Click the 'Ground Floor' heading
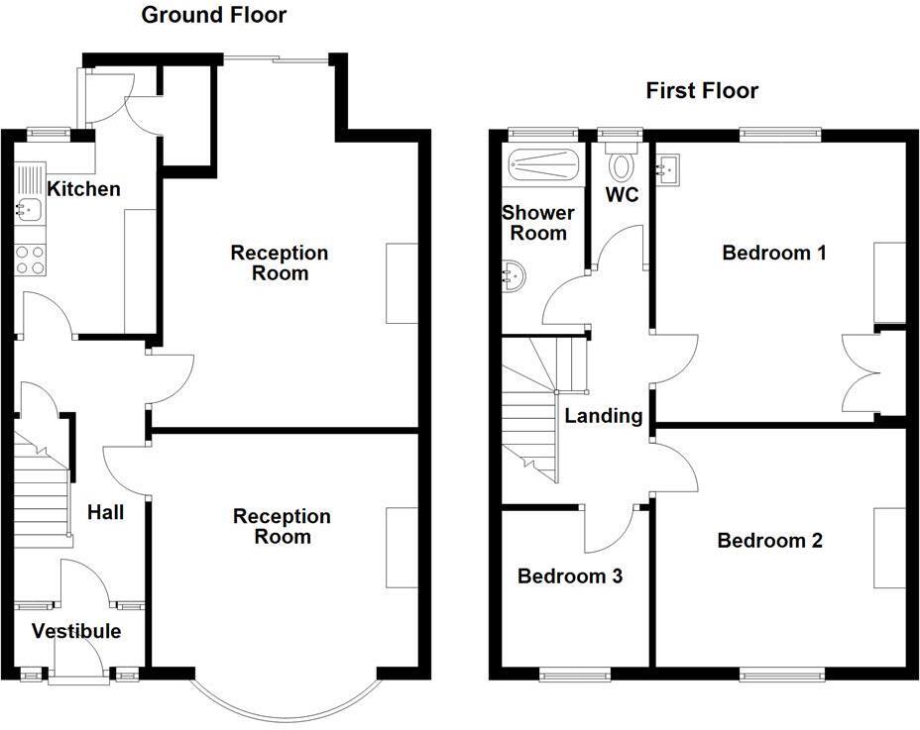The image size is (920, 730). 213,15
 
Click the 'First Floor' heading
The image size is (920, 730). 702,91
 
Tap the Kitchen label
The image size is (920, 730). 84,189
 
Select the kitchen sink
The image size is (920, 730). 29,209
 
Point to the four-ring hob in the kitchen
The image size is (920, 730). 30,260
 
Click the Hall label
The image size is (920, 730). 106,512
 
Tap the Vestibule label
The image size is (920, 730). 76,631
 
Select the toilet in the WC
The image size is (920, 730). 623,162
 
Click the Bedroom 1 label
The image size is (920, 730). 774,253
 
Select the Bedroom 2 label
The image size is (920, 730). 770,541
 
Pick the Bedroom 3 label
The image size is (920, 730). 570,575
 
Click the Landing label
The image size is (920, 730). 603,416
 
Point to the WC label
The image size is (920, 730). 622,195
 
